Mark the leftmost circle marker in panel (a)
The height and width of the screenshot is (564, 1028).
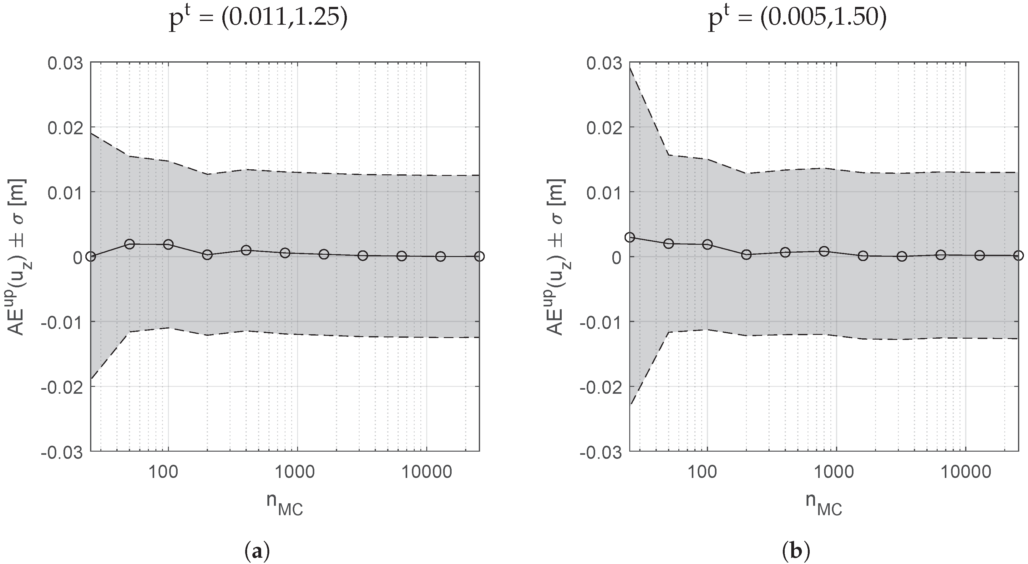point(91,256)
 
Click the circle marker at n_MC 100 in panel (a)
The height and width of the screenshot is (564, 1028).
point(168,244)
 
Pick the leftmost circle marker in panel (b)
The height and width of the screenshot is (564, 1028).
point(630,237)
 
